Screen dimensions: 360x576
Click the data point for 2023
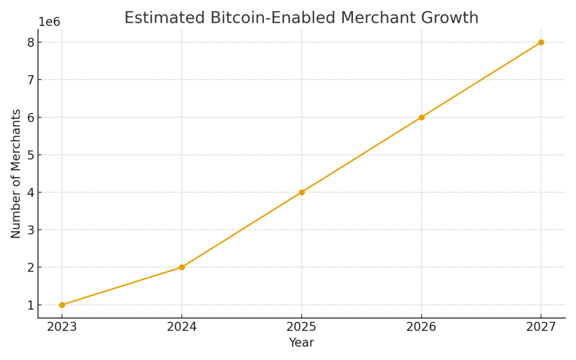(x=62, y=305)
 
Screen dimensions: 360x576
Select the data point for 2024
(x=182, y=267)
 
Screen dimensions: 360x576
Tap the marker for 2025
(x=301, y=192)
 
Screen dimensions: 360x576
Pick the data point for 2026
(x=421, y=117)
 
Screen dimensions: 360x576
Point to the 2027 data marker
(x=541, y=42)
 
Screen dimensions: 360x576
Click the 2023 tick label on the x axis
(x=62, y=327)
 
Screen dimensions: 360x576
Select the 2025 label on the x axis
(x=301, y=327)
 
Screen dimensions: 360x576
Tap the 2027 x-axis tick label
(x=541, y=327)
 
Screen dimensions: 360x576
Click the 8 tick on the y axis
(x=30, y=42)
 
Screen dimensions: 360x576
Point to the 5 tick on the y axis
(x=30, y=155)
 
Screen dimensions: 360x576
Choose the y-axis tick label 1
(x=30, y=305)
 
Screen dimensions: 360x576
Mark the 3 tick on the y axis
(x=30, y=230)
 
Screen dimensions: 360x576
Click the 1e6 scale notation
(x=49, y=22)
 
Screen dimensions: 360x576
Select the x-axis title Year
(x=301, y=343)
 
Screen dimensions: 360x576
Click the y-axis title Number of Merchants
(x=16, y=173)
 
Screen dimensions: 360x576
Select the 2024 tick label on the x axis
(x=182, y=327)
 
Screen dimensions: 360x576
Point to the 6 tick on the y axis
(x=30, y=117)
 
